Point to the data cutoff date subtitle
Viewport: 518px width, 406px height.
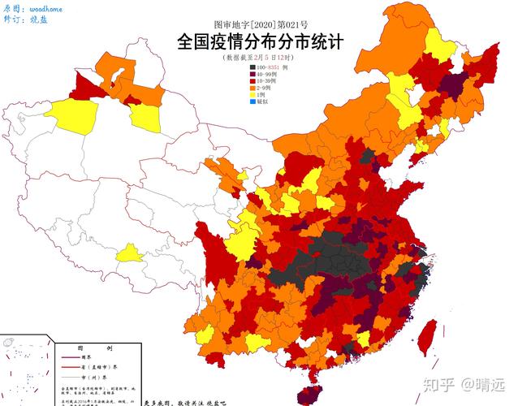258,58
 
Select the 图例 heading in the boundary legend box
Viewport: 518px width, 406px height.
81,347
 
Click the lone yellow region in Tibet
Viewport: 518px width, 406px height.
131,255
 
